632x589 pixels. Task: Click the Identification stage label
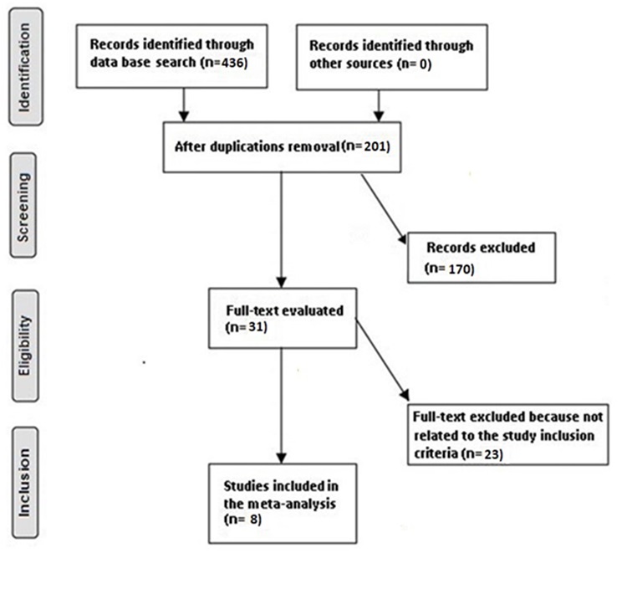coord(24,67)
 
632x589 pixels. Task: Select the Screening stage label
coord(23,207)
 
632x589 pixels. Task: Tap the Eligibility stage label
coord(25,346)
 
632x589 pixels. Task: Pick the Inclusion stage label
coord(24,483)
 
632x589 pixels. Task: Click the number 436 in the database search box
coord(234,63)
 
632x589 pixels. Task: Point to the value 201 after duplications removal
coord(375,146)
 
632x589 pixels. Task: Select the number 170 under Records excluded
coord(460,269)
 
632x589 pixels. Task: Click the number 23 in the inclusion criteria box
coord(492,454)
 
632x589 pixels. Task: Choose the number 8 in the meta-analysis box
coord(255,519)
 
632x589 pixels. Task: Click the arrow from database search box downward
coord(184,105)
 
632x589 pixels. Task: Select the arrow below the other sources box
coord(379,105)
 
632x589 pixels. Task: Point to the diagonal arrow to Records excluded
coord(384,209)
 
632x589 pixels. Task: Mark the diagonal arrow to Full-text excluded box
coord(382,359)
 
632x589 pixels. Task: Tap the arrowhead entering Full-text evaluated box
coord(282,283)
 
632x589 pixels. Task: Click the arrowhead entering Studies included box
coord(282,458)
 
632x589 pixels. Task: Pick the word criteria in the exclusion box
coord(436,453)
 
